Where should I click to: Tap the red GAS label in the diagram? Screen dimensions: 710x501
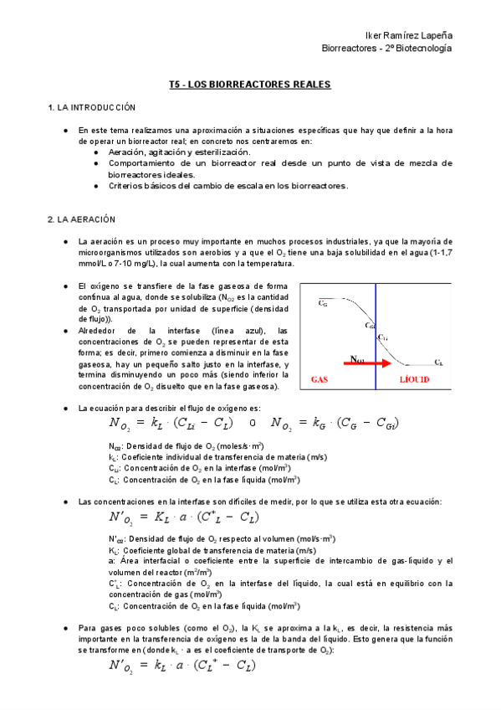click(x=320, y=379)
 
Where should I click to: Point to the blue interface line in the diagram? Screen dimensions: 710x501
click(x=376, y=335)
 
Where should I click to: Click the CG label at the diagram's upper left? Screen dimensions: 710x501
click(x=323, y=304)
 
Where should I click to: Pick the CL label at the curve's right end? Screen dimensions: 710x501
click(x=438, y=362)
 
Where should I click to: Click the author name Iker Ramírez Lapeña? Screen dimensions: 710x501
click(x=410, y=35)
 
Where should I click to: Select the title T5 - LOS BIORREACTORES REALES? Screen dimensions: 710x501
click(x=250, y=85)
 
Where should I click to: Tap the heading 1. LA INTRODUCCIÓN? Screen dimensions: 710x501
click(x=91, y=108)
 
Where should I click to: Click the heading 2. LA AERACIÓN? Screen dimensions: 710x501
click(x=81, y=219)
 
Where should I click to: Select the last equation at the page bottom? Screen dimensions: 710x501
click(x=182, y=666)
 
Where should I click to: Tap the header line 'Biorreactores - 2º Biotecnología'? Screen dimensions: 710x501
click(x=386, y=49)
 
